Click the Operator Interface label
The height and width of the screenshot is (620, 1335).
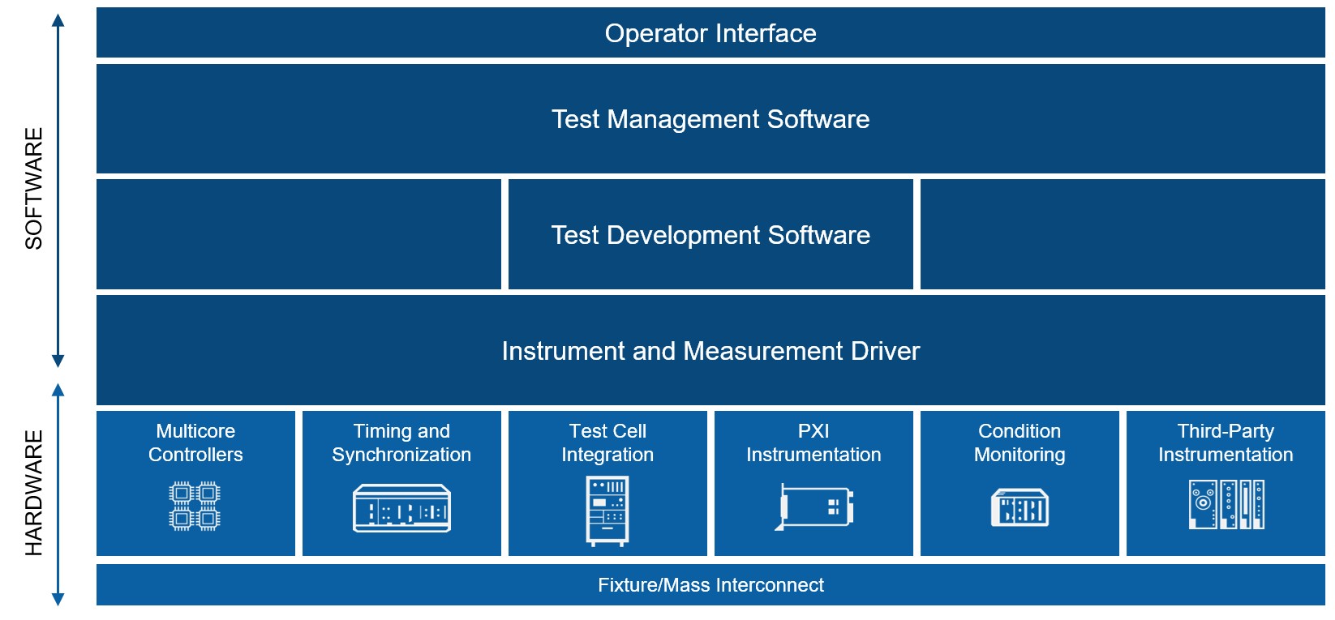(710, 33)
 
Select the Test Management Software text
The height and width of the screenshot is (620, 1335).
(710, 119)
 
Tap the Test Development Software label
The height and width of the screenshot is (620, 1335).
(710, 235)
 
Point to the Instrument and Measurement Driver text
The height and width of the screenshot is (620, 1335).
(710, 351)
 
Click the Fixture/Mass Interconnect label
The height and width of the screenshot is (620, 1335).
(710, 585)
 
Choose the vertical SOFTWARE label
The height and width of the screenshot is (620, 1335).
(34, 188)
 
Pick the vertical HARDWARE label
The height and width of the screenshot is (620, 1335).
(34, 493)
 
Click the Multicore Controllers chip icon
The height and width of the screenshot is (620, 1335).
(195, 506)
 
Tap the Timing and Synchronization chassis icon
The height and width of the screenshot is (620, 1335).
(401, 508)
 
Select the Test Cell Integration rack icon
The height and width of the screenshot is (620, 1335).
(607, 511)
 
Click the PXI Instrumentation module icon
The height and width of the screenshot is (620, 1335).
(814, 507)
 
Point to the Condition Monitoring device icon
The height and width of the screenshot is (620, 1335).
(1019, 507)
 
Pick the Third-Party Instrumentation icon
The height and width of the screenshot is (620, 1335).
(1226, 504)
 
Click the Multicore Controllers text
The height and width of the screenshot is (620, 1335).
(195, 443)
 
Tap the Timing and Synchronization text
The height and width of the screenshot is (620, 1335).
(401, 443)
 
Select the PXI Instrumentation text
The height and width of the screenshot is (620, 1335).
(813, 443)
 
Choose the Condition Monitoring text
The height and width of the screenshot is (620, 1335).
(1019, 443)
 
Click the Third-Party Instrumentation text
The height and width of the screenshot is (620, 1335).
(1226, 443)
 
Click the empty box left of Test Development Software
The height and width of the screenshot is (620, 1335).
(298, 234)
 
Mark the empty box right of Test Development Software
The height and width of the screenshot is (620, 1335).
(1123, 234)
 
